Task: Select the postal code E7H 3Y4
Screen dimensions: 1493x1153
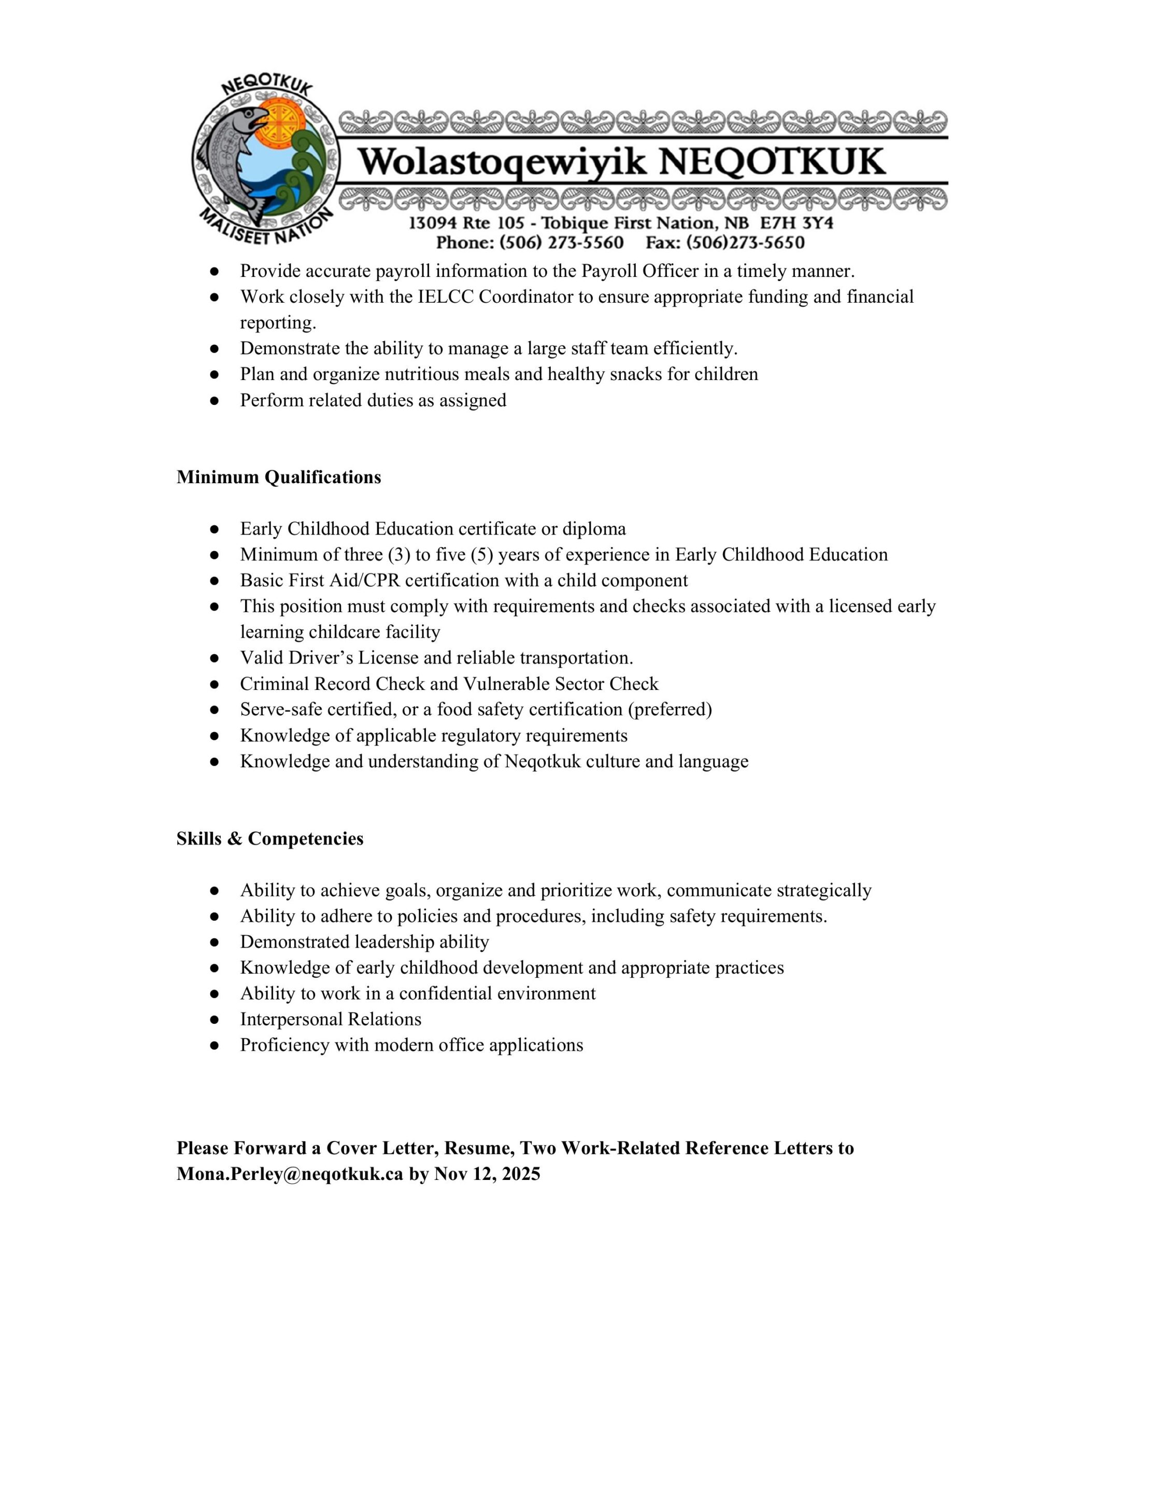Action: click(796, 223)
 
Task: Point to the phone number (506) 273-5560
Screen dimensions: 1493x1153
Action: click(561, 243)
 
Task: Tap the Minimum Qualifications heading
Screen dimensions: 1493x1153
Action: click(279, 477)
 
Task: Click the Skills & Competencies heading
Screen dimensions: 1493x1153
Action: click(270, 839)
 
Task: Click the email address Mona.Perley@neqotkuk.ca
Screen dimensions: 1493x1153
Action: click(290, 1174)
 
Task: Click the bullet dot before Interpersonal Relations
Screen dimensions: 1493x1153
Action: click(215, 1020)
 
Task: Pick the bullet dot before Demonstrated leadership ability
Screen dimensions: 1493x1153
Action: click(215, 942)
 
